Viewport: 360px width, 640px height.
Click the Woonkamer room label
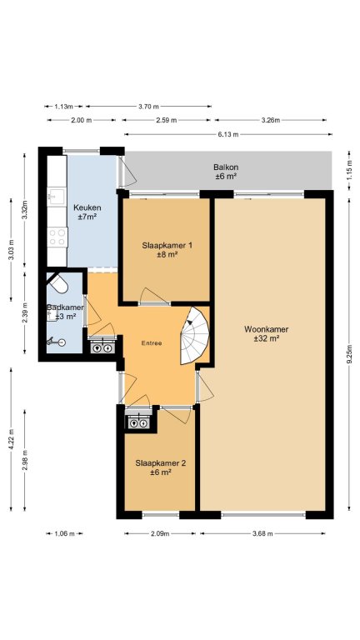tap(266, 329)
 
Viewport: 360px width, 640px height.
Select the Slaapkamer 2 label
tap(160, 463)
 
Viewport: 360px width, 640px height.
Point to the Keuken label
tap(87, 207)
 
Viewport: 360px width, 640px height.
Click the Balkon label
tap(226, 167)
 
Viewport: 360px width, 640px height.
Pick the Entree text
tap(152, 343)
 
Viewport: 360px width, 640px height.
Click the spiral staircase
tap(195, 336)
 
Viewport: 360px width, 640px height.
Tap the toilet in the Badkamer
tap(58, 282)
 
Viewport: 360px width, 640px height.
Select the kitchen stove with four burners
tap(57, 237)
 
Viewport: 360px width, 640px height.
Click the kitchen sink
tap(57, 197)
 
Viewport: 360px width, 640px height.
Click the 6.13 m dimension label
tap(227, 135)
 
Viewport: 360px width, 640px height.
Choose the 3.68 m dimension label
tap(262, 533)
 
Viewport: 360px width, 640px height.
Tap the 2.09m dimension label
tap(160, 533)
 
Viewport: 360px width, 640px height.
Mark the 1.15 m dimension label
tap(349, 171)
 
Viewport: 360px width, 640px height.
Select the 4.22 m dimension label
tap(11, 439)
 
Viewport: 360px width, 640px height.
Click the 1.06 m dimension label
tap(64, 533)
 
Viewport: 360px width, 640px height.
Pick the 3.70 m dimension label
tap(148, 107)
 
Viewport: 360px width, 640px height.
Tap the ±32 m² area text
tap(266, 338)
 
